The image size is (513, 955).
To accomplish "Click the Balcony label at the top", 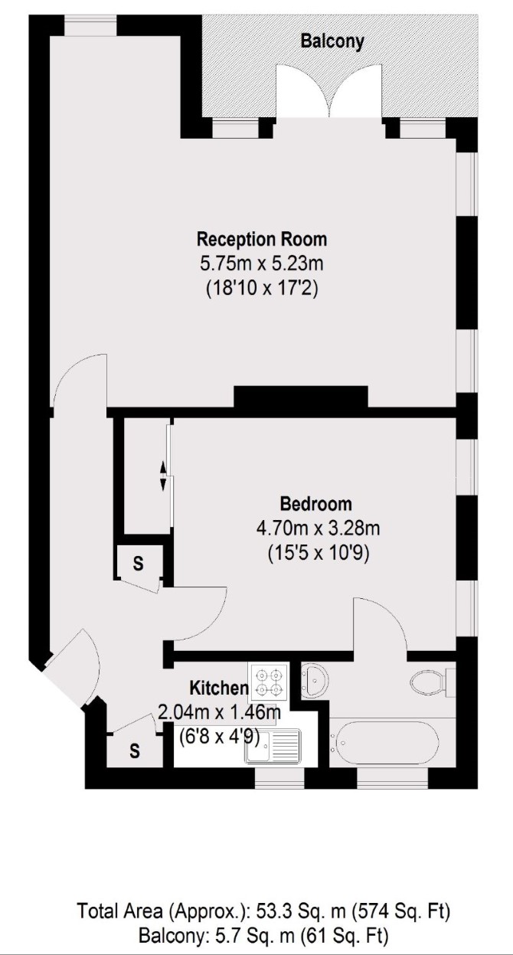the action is (332, 41).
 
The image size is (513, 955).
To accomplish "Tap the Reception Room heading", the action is (262, 239).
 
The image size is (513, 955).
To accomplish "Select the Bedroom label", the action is (315, 504).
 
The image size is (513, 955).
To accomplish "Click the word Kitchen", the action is (218, 688).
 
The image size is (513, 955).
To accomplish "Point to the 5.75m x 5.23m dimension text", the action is (262, 263).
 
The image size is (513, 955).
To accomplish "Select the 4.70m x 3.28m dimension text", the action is (318, 528).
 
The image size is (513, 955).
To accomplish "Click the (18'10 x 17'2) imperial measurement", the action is (262, 289).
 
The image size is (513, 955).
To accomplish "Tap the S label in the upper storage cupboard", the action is (138, 564).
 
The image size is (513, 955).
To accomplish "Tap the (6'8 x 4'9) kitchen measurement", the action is (220, 736).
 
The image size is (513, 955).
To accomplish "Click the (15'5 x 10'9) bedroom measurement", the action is (319, 554).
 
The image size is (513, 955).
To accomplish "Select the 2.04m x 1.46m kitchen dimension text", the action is (220, 712).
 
